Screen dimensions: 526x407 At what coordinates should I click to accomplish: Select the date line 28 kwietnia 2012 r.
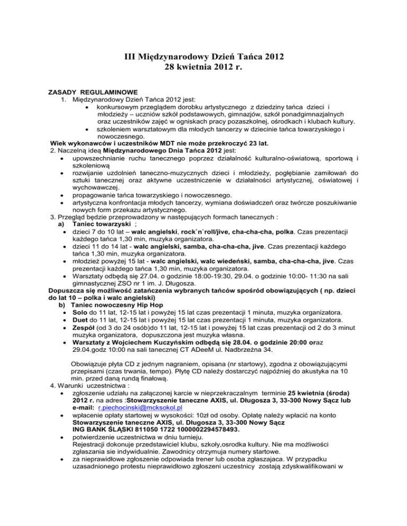click(x=203, y=68)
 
